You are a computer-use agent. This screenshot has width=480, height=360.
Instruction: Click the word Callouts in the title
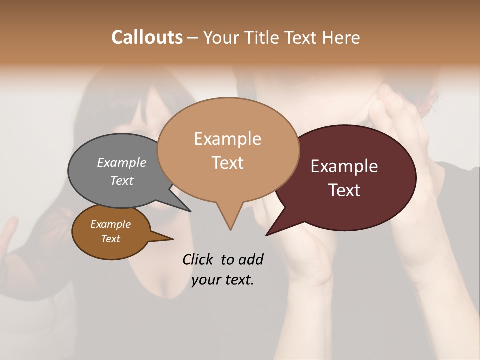[x=147, y=37]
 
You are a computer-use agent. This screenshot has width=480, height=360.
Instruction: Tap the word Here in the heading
[x=341, y=37]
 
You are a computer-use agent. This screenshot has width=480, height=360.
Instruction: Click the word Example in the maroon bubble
[x=344, y=166]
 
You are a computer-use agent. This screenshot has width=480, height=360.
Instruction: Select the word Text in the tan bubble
[x=228, y=163]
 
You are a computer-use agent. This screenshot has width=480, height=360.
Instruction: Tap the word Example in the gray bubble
[x=121, y=162]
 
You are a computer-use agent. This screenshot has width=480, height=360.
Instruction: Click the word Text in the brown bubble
[x=111, y=239]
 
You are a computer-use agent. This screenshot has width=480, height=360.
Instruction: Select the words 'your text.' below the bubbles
[x=223, y=280]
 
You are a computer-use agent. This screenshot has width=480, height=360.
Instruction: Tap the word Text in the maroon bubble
[x=345, y=190]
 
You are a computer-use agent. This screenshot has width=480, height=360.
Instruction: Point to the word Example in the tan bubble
[x=228, y=139]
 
